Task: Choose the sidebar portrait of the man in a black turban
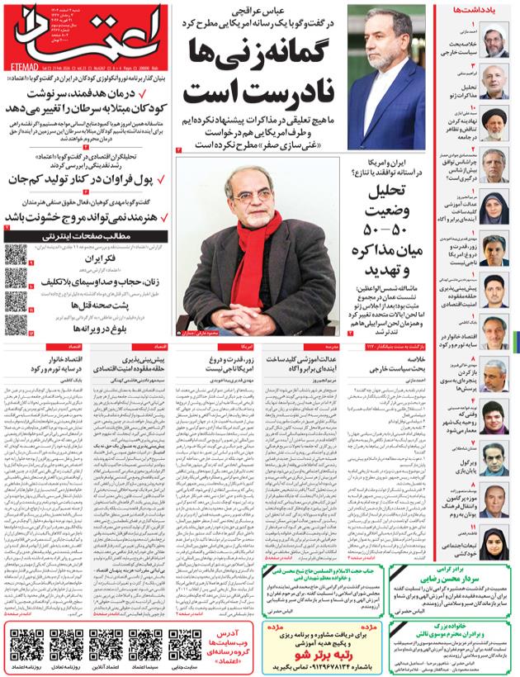(494, 122)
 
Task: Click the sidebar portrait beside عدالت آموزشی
(494, 206)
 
